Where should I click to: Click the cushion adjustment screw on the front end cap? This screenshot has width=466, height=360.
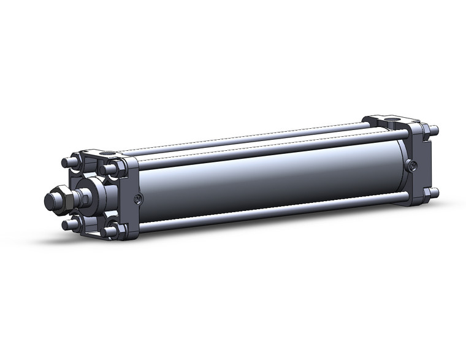[x=139, y=198]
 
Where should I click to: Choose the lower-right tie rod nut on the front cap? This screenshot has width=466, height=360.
[x=111, y=231]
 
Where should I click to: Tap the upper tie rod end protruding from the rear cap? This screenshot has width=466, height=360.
[x=435, y=130]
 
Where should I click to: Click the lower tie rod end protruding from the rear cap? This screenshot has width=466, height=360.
[x=435, y=195]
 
